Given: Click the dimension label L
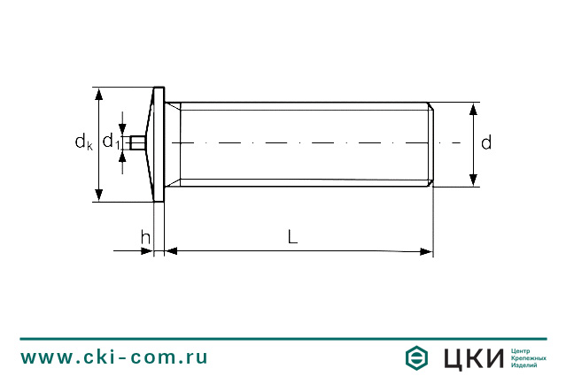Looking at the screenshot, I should tap(292, 236).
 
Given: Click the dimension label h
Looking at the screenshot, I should tap(145, 236).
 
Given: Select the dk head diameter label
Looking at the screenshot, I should tap(83, 142).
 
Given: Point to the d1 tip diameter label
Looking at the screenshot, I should tap(111, 142).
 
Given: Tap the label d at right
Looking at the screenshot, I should tap(485, 143).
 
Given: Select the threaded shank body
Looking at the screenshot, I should tap(301, 124).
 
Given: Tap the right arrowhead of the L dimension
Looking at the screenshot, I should tap(426, 252).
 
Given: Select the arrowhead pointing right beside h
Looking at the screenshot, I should tap(147, 252).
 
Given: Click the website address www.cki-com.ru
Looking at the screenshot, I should tap(114, 357).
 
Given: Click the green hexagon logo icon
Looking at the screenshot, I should tap(417, 357).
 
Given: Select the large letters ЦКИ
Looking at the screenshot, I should tap(472, 357).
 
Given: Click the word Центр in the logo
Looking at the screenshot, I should tap(522, 349).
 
